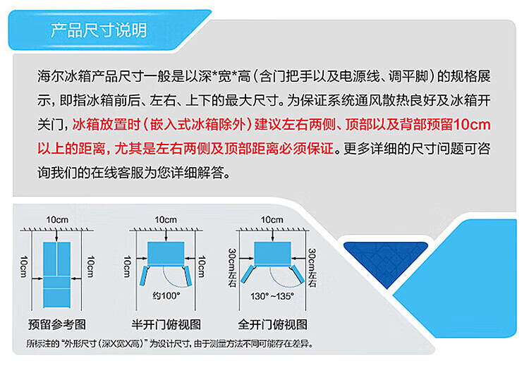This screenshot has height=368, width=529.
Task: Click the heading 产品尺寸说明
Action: click(99, 30)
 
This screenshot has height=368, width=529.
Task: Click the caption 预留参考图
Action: click(57, 324)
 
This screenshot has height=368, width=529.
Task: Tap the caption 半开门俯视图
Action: click(166, 324)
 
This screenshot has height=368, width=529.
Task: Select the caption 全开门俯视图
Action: click(272, 324)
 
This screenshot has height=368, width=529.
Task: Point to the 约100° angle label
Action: click(166, 296)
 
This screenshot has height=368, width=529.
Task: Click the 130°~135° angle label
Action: click(272, 296)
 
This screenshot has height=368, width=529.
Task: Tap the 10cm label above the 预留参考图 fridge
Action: click(57, 219)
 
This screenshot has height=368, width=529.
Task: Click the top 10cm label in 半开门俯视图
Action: click(166, 219)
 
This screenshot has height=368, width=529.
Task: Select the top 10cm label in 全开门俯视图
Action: click(272, 219)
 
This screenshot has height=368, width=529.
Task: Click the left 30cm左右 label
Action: click(233, 268)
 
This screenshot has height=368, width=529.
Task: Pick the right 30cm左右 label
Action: click(312, 268)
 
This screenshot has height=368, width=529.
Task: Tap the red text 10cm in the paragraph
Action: click(472, 125)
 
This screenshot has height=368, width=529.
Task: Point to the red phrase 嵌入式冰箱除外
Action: click(197, 125)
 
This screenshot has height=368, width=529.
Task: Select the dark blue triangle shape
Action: click(386, 259)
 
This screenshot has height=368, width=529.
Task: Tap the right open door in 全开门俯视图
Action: click(298, 274)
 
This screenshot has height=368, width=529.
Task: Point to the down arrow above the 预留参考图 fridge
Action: click(56, 235)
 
